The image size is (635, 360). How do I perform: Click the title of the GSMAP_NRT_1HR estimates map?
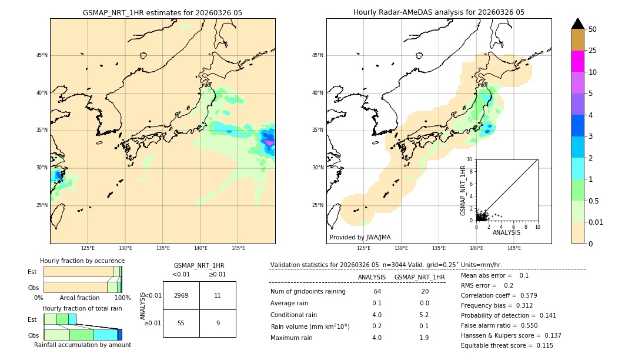pyautogui.click(x=162, y=12)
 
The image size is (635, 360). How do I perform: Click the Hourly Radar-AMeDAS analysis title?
pyautogui.click(x=439, y=12)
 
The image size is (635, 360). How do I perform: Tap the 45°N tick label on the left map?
pyautogui.click(x=42, y=55)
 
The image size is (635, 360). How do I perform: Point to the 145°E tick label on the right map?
pyautogui.click(x=514, y=248)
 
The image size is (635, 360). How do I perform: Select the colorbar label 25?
pyautogui.click(x=593, y=51)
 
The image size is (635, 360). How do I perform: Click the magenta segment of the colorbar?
pyautogui.click(x=577, y=61)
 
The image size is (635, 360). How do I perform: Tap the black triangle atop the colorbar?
pyautogui.click(x=577, y=24)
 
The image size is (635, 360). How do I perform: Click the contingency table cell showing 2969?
pyautogui.click(x=181, y=295)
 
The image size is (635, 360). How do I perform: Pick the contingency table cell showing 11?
pyautogui.click(x=218, y=295)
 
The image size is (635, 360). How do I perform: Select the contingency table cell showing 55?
pyautogui.click(x=181, y=323)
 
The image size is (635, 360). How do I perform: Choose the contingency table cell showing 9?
pyautogui.click(x=218, y=323)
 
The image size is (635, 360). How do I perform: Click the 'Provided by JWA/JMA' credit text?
pyautogui.click(x=360, y=237)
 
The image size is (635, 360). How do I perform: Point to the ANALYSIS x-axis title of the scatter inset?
pyautogui.click(x=506, y=232)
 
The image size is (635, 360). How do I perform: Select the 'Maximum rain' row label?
pyautogui.click(x=292, y=338)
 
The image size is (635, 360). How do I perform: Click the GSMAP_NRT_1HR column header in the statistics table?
pyautogui.click(x=419, y=277)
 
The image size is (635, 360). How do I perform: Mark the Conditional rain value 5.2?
pyautogui.click(x=424, y=315)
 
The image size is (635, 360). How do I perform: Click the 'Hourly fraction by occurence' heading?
pyautogui.click(x=82, y=261)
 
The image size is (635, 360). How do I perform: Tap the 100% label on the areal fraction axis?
pyautogui.click(x=122, y=298)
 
